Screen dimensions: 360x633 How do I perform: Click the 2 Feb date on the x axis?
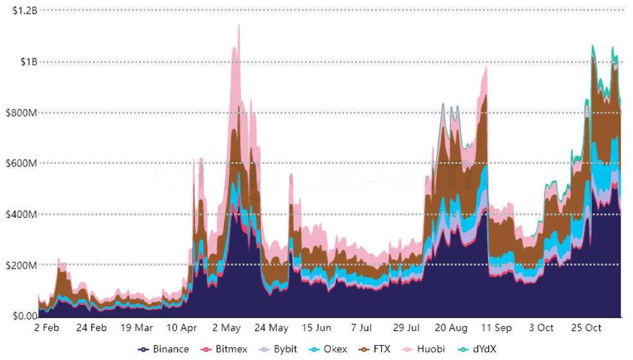[x=46, y=328]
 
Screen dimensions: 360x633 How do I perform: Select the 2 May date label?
[x=226, y=328]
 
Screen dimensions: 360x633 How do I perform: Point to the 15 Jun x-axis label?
[x=316, y=328]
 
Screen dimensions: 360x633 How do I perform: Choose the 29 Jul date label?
[x=406, y=328]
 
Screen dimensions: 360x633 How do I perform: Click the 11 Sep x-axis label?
[x=496, y=328]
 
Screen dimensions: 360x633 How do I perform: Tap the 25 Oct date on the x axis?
[x=586, y=328]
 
